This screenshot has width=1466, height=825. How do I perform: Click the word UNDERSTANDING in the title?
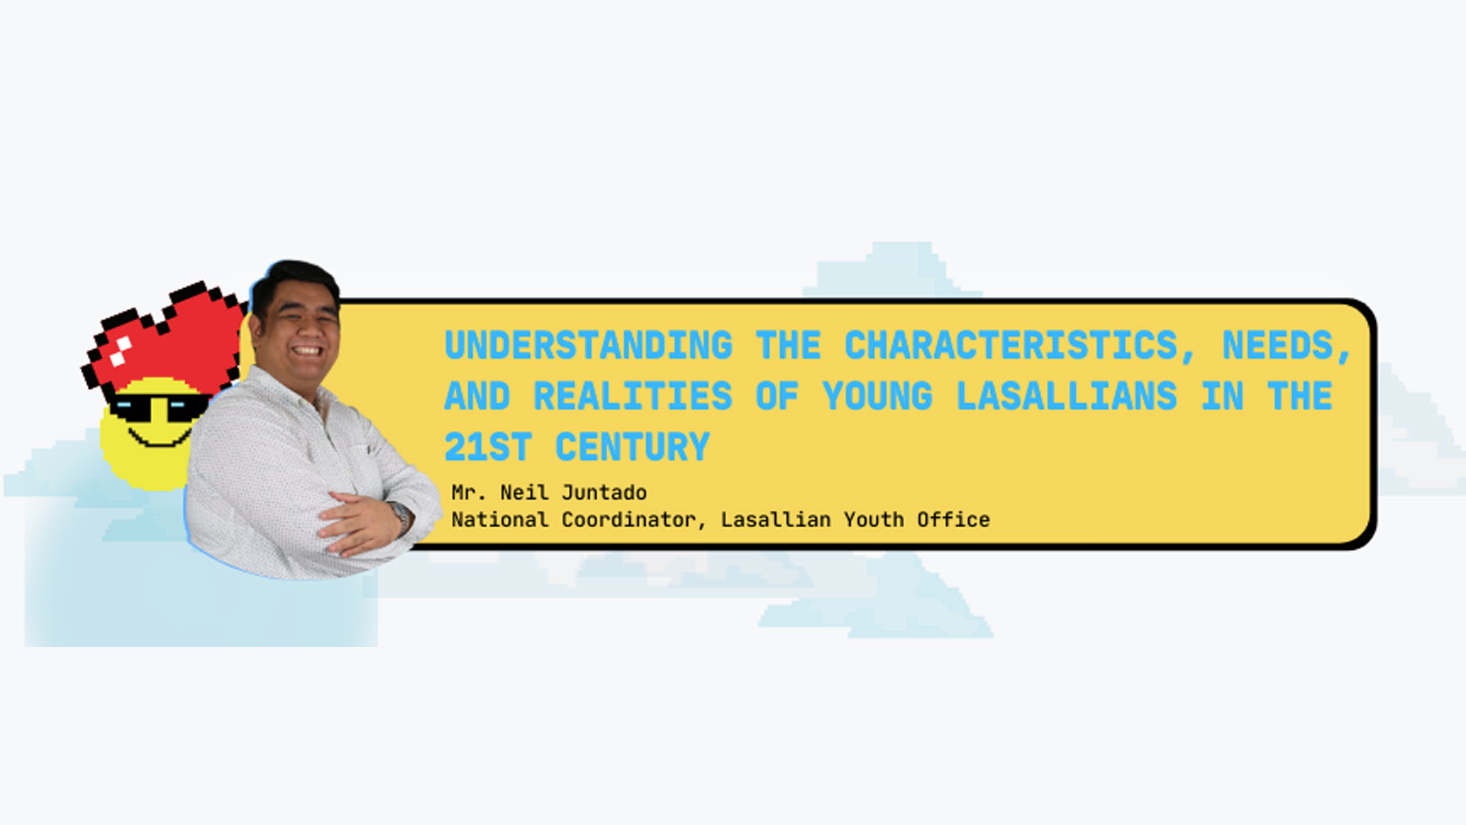tap(589, 345)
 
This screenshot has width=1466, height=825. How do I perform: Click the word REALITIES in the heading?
tap(633, 396)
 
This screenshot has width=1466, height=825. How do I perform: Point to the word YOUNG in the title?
tap(877, 396)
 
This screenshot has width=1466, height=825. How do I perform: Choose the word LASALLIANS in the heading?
tap(1067, 396)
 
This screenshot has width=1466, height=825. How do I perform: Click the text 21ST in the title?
tap(488, 447)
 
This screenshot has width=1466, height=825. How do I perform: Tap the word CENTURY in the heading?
tap(632, 447)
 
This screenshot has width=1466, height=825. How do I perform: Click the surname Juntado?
tap(604, 493)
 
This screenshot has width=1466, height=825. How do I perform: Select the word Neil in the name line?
tap(525, 493)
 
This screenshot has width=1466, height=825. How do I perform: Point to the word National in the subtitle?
tap(500, 520)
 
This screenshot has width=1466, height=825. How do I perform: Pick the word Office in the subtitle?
tap(954, 520)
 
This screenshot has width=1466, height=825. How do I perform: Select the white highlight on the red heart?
tap(121, 351)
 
